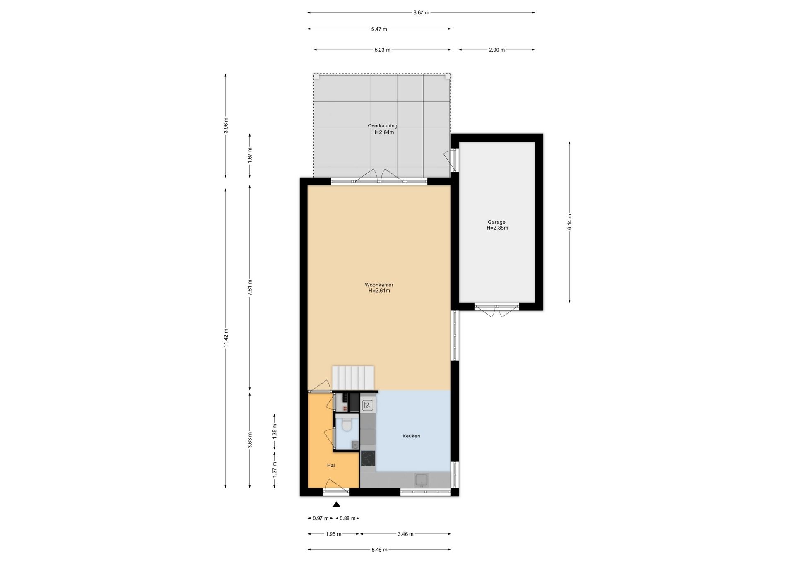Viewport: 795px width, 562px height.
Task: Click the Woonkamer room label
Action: click(379, 285)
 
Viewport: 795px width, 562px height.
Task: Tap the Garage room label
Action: click(496, 222)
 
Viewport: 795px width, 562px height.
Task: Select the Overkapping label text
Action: click(383, 126)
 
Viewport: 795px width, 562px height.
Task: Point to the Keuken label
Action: click(411, 436)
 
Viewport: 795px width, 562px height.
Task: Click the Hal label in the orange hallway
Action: click(331, 465)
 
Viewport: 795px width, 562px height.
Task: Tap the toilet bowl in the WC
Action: click(347, 425)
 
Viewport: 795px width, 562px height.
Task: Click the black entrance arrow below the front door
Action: click(337, 504)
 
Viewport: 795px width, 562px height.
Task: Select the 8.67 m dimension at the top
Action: click(421, 12)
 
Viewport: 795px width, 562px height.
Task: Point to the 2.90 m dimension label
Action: click(497, 50)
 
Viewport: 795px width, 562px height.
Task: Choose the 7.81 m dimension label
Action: click(250, 287)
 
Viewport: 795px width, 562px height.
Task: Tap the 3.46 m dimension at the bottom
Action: click(405, 534)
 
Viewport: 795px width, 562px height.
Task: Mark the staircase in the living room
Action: click(353, 378)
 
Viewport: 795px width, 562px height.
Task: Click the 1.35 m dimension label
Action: click(275, 432)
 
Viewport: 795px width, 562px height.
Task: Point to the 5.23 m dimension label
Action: click(382, 50)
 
